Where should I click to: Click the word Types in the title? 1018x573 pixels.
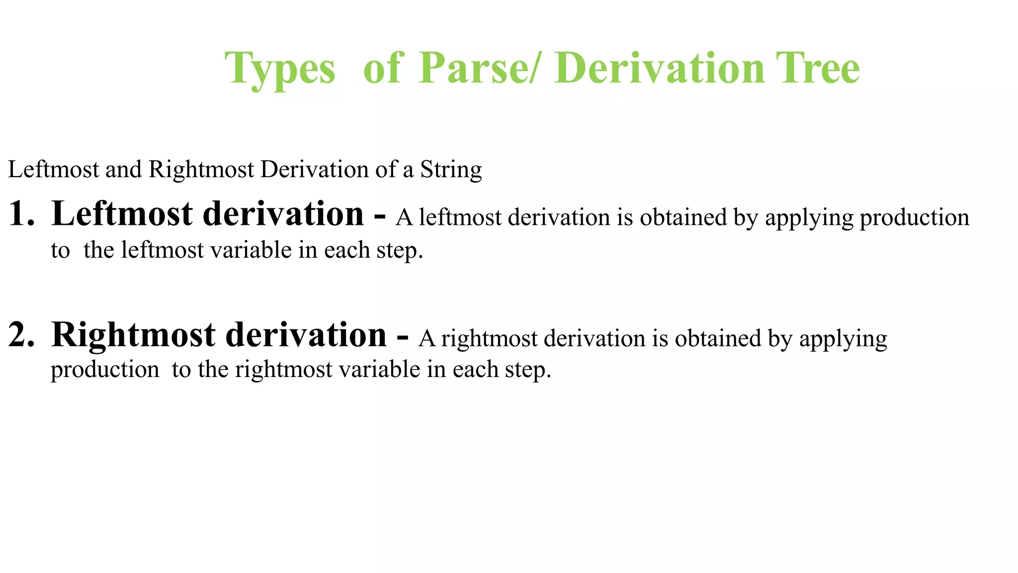point(280,70)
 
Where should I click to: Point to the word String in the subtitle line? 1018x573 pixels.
point(451,170)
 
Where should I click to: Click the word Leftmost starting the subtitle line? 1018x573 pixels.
point(54,170)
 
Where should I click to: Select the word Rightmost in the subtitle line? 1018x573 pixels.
point(201,170)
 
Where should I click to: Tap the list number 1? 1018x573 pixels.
point(21,214)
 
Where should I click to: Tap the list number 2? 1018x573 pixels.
point(21,335)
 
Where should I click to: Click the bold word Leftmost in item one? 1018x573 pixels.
point(122,214)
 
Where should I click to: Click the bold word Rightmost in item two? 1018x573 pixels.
point(133,335)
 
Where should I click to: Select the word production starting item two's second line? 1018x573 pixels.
point(105,370)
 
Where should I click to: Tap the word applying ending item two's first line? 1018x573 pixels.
point(843,339)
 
